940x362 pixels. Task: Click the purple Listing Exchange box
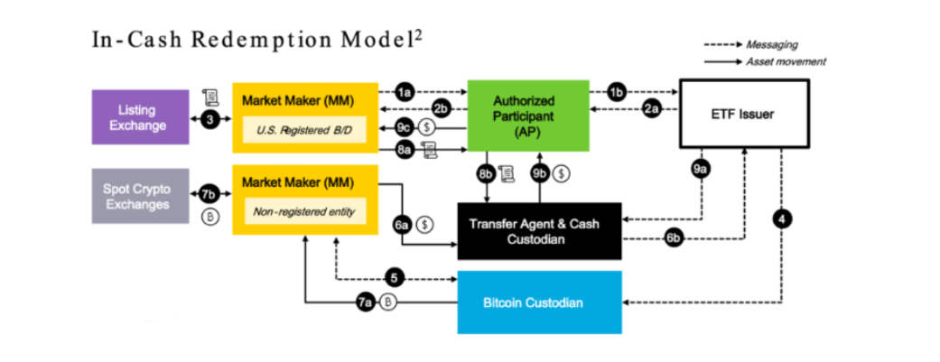[x=140, y=117]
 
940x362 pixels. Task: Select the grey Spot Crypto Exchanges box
[x=140, y=196]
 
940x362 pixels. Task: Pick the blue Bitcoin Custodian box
[x=539, y=302]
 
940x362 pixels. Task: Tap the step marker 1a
[x=406, y=92]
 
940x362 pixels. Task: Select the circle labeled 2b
[x=441, y=109]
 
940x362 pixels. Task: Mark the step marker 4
[x=782, y=217]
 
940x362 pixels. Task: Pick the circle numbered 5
[x=394, y=277]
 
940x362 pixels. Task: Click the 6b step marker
[x=673, y=238]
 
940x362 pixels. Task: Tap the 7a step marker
[x=366, y=302]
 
